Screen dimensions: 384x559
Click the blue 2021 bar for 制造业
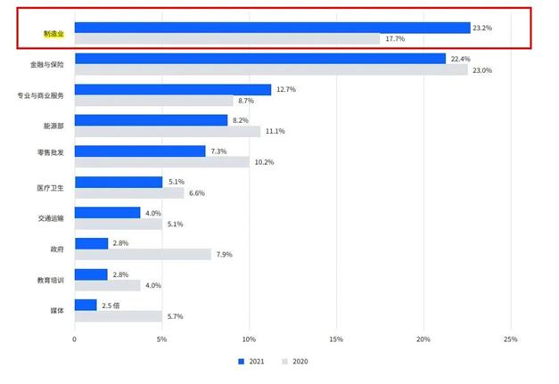[x=272, y=28]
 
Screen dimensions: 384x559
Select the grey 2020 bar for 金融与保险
[x=271, y=70]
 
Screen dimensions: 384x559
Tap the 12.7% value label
[x=286, y=89]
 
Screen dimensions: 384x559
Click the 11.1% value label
[x=275, y=132]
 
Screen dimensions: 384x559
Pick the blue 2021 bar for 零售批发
[x=140, y=151]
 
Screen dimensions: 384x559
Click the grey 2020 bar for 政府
[x=143, y=254]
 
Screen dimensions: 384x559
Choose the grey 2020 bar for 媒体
[x=118, y=315]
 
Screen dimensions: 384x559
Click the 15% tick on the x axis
[x=336, y=339]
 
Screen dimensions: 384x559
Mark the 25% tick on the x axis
[x=510, y=339]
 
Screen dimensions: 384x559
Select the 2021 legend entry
[x=250, y=362]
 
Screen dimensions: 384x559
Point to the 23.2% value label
[x=483, y=29]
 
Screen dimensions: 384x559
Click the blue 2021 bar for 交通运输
[x=107, y=212]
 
